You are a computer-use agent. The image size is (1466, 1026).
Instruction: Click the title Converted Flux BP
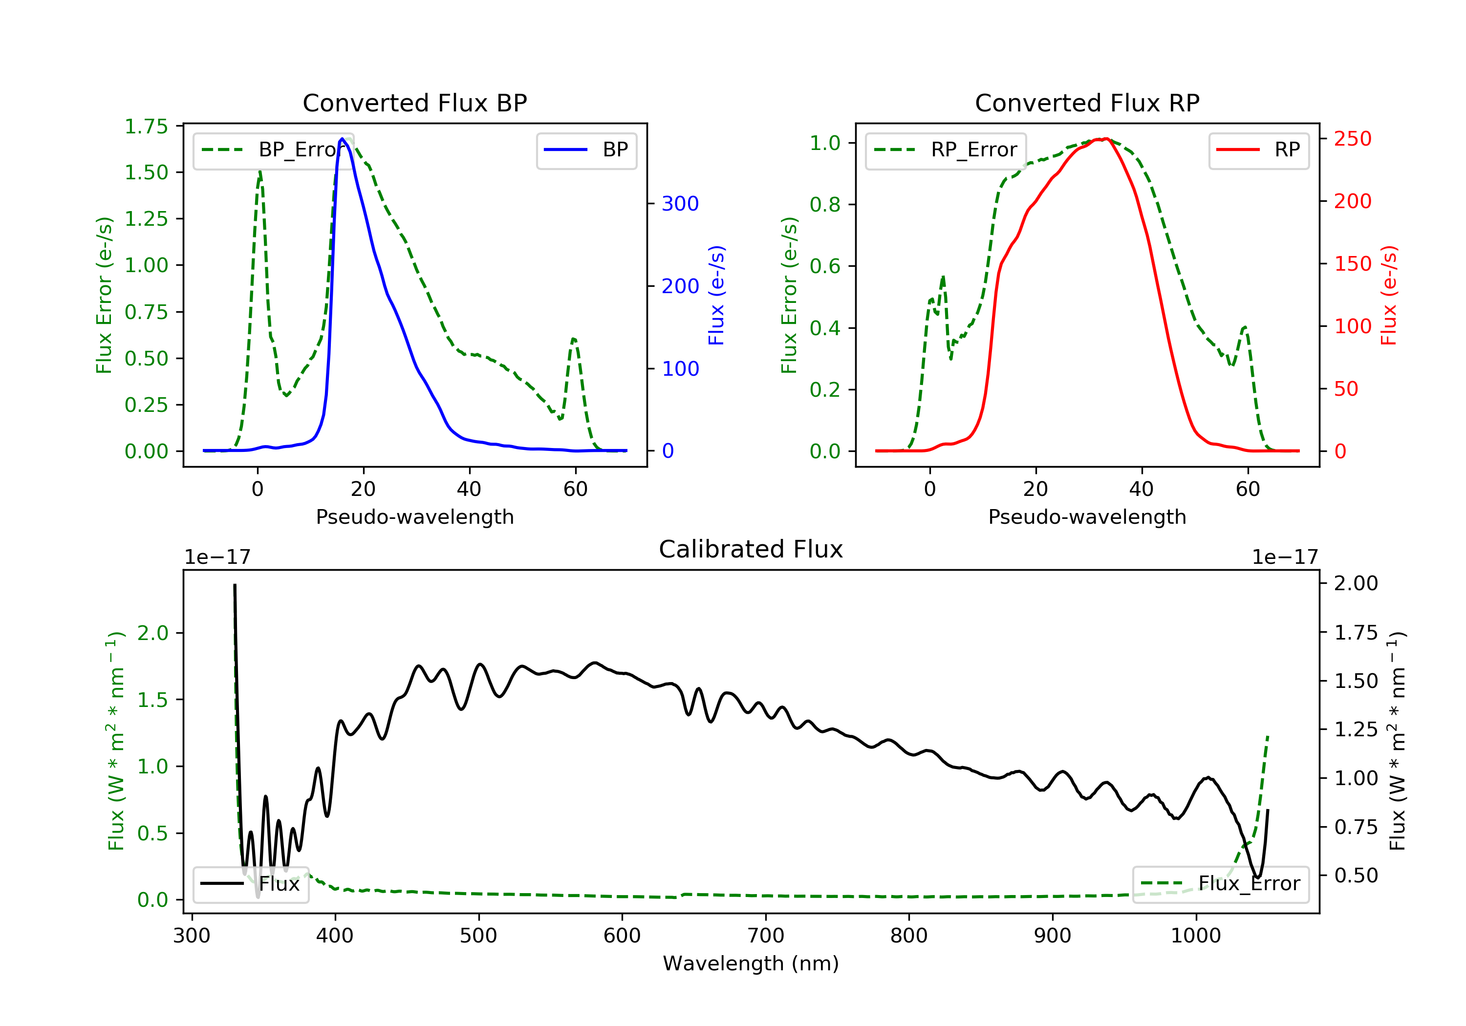(x=414, y=103)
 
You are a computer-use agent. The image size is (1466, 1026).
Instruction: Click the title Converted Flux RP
(x=1087, y=103)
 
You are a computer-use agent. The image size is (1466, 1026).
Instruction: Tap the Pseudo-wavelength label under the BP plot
(x=414, y=516)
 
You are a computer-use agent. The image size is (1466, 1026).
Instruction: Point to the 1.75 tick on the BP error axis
(x=146, y=127)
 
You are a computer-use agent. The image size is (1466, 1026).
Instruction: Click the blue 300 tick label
(x=680, y=204)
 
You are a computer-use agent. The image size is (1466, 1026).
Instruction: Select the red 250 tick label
(x=1352, y=139)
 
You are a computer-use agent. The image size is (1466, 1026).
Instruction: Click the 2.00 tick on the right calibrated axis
(x=1356, y=583)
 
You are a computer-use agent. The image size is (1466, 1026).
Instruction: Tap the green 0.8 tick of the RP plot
(x=824, y=204)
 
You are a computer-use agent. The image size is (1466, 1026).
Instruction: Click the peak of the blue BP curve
(x=342, y=139)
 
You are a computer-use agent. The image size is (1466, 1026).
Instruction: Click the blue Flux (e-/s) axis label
(x=716, y=295)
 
